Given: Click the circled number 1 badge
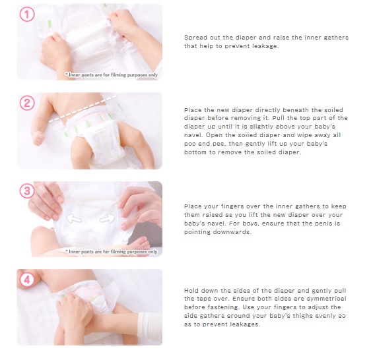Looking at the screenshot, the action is tap(27, 15).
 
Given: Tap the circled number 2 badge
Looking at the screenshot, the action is tap(27, 104).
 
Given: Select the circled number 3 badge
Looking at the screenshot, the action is tap(27, 191).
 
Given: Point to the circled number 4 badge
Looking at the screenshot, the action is tap(27, 280).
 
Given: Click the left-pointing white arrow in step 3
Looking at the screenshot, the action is tap(74, 218).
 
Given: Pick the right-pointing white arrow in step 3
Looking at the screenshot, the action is tap(107, 219).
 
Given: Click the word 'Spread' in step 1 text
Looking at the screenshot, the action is tap(193, 38).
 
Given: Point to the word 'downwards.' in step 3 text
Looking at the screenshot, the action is tap(232, 232).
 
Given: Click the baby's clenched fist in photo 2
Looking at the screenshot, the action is tap(38, 138).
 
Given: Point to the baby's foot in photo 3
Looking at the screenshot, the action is tap(139, 244).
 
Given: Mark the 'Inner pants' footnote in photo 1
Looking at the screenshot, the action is tap(112, 75).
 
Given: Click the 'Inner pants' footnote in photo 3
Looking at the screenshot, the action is tap(112, 252).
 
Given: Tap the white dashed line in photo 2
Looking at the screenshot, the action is tap(83, 109).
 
